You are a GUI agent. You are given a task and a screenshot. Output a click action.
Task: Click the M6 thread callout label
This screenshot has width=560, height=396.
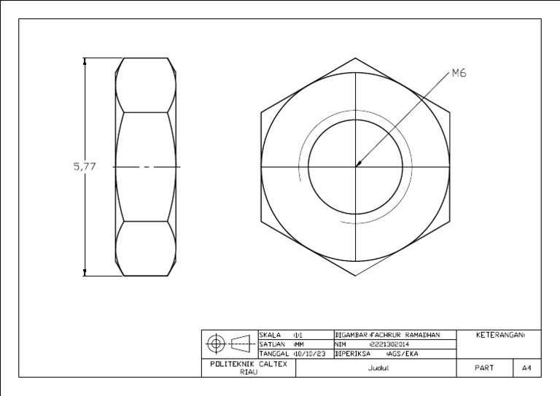[459, 72]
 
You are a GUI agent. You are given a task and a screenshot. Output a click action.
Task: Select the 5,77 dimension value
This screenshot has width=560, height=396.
[85, 166]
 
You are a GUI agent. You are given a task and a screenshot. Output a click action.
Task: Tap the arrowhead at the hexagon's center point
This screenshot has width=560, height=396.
[357, 166]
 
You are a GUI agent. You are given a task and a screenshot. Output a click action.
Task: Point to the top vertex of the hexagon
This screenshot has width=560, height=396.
[357, 58]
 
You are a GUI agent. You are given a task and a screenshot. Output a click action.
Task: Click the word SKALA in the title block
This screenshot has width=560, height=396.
[271, 335]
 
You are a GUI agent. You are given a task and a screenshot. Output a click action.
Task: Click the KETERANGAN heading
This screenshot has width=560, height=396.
[500, 335]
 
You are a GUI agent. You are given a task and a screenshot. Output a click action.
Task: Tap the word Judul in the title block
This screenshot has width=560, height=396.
[376, 368]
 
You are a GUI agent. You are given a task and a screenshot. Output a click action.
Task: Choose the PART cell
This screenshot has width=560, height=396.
[484, 368]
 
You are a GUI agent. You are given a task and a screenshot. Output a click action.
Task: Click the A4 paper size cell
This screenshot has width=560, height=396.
[526, 368]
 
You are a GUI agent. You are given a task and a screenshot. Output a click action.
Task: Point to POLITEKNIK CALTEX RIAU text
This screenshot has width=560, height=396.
[249, 367]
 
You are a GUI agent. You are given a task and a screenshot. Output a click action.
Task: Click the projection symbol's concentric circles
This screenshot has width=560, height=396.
[217, 343]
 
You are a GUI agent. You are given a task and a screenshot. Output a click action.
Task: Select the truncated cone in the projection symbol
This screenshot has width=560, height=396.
[241, 343]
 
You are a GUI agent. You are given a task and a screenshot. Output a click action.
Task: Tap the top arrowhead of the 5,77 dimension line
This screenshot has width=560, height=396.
[85, 63]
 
